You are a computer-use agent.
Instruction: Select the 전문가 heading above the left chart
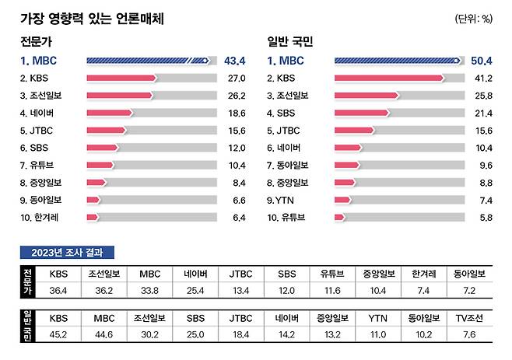click(x=37, y=40)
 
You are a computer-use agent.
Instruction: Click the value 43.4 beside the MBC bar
click(x=234, y=60)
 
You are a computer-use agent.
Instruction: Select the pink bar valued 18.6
click(x=110, y=113)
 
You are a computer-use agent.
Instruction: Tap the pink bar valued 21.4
click(x=361, y=113)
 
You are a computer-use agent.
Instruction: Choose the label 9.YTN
click(x=282, y=199)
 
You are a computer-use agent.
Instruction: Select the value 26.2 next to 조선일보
click(x=236, y=96)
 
